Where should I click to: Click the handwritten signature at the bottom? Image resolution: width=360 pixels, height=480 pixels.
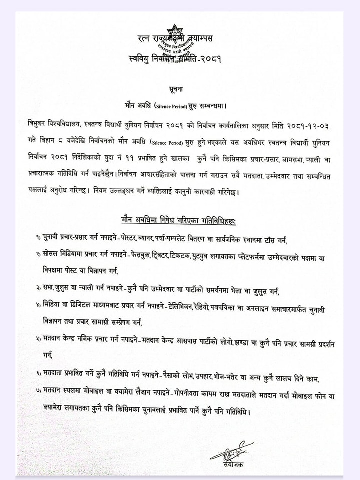[230, 451]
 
